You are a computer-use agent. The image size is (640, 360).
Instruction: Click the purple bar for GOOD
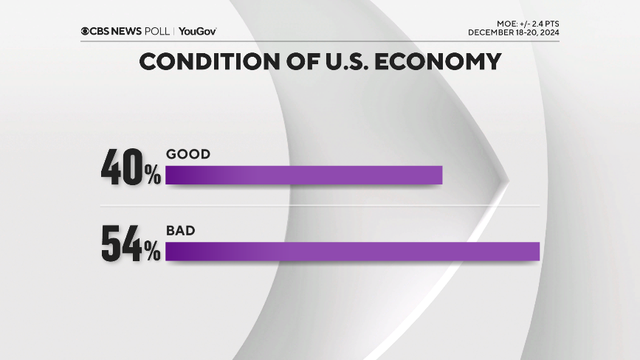click(x=303, y=175)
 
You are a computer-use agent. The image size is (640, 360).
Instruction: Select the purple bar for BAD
click(x=353, y=251)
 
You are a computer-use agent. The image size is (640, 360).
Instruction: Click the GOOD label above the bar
click(x=188, y=154)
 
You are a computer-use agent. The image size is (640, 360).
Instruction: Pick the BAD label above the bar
click(x=181, y=231)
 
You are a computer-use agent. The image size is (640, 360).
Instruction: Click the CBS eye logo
click(x=86, y=31)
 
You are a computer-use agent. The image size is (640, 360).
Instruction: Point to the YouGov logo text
click(x=197, y=31)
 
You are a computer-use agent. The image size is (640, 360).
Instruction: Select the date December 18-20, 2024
click(x=513, y=33)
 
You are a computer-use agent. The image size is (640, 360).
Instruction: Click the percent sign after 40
click(x=153, y=176)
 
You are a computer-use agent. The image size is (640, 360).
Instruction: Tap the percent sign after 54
click(x=153, y=253)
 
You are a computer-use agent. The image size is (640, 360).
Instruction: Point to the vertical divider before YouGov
click(x=174, y=31)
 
